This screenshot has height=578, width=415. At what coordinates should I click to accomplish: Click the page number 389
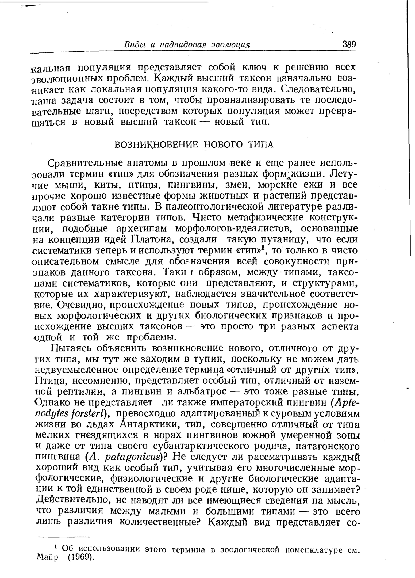tap(349, 44)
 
